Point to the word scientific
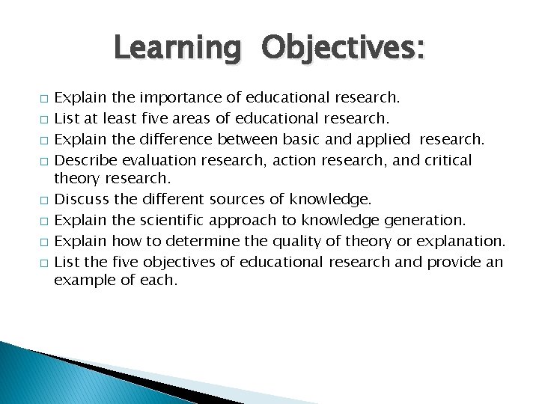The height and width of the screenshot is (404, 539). click(x=171, y=220)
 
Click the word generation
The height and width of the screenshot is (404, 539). click(x=425, y=220)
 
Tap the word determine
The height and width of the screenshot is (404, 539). click(x=178, y=242)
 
